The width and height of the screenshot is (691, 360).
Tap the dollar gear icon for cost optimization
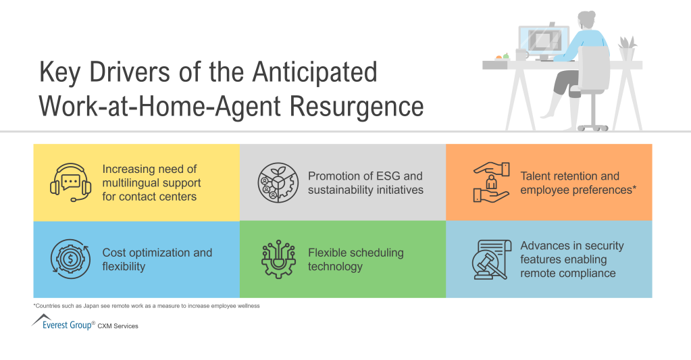[x=71, y=259]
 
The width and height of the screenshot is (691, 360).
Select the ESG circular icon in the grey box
[x=277, y=182]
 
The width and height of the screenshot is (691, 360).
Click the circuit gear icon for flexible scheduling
[x=278, y=259]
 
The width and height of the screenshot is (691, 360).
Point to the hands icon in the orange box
[x=490, y=182]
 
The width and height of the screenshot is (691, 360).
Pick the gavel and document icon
[x=490, y=259]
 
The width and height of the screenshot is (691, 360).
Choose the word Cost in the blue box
[x=115, y=253]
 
